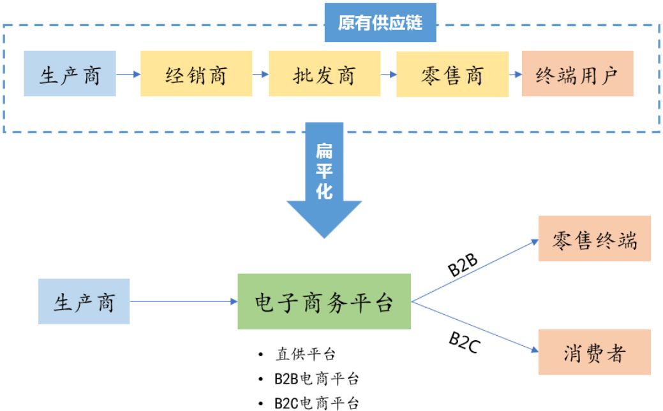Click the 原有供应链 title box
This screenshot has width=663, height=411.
(x=380, y=23)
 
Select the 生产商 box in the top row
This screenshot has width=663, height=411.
(x=70, y=74)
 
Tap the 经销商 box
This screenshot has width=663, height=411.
(x=196, y=74)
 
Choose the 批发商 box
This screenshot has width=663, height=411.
(x=324, y=74)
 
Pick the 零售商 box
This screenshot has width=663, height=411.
(x=452, y=74)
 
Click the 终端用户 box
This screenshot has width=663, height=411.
(x=577, y=74)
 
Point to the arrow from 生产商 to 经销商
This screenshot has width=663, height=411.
(x=128, y=74)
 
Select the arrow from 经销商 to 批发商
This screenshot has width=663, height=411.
(x=260, y=74)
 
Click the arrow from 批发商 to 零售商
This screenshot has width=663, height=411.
(x=388, y=74)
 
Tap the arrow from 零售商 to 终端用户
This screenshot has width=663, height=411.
(x=514, y=74)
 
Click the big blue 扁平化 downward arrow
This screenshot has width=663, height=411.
(x=324, y=182)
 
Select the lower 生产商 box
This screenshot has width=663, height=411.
(x=84, y=301)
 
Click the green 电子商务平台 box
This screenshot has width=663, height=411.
(x=324, y=301)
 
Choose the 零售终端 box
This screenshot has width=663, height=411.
(x=594, y=238)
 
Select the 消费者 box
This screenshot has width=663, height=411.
(x=594, y=352)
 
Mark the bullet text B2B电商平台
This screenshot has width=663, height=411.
(x=317, y=379)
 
